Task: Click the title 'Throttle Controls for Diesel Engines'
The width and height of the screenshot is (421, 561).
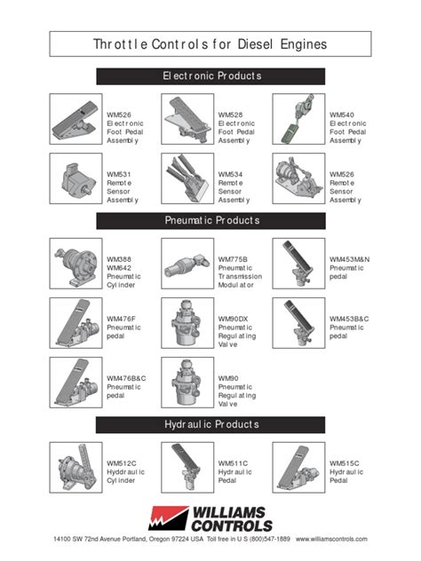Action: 210,43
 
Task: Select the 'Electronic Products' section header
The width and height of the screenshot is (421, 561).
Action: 210,76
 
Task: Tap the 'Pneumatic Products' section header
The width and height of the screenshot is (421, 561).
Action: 210,219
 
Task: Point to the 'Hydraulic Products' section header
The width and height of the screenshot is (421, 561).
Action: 210,424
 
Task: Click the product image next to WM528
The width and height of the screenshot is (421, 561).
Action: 187,122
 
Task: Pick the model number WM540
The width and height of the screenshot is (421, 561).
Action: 341,115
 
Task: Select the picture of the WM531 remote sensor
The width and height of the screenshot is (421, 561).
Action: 75,180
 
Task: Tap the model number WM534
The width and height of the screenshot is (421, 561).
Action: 230,174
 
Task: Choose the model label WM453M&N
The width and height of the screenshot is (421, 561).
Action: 348,258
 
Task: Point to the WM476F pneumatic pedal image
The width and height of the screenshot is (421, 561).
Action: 75,324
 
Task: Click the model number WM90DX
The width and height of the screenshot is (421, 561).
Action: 233,318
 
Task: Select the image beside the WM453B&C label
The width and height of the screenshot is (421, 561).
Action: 298,324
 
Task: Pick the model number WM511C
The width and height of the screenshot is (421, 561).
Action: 233,463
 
